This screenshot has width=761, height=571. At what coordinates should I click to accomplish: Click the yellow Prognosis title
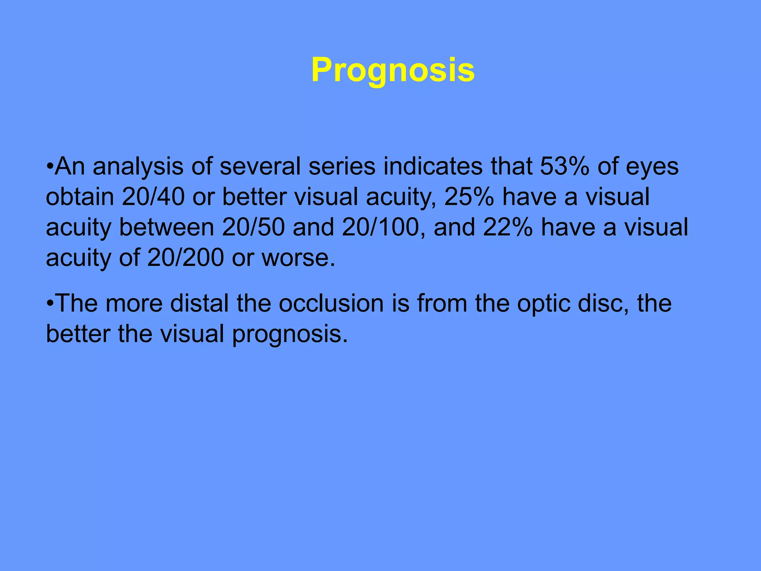click(x=393, y=70)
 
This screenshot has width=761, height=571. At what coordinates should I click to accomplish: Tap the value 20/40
click(x=153, y=197)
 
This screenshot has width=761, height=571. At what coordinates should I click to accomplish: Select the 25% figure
click(x=469, y=197)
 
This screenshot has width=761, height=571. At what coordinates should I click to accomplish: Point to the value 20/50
click(x=253, y=227)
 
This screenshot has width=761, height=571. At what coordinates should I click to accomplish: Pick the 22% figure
click(x=508, y=227)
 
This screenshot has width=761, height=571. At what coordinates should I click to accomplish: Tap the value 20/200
click(x=185, y=258)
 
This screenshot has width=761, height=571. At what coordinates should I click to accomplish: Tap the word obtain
click(x=80, y=197)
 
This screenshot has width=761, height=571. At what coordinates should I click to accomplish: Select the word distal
click(x=200, y=303)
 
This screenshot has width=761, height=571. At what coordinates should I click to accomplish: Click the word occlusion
click(x=331, y=303)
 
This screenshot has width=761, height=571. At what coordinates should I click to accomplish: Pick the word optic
click(x=544, y=303)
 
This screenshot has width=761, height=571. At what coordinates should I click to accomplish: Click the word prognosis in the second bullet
click(x=290, y=334)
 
